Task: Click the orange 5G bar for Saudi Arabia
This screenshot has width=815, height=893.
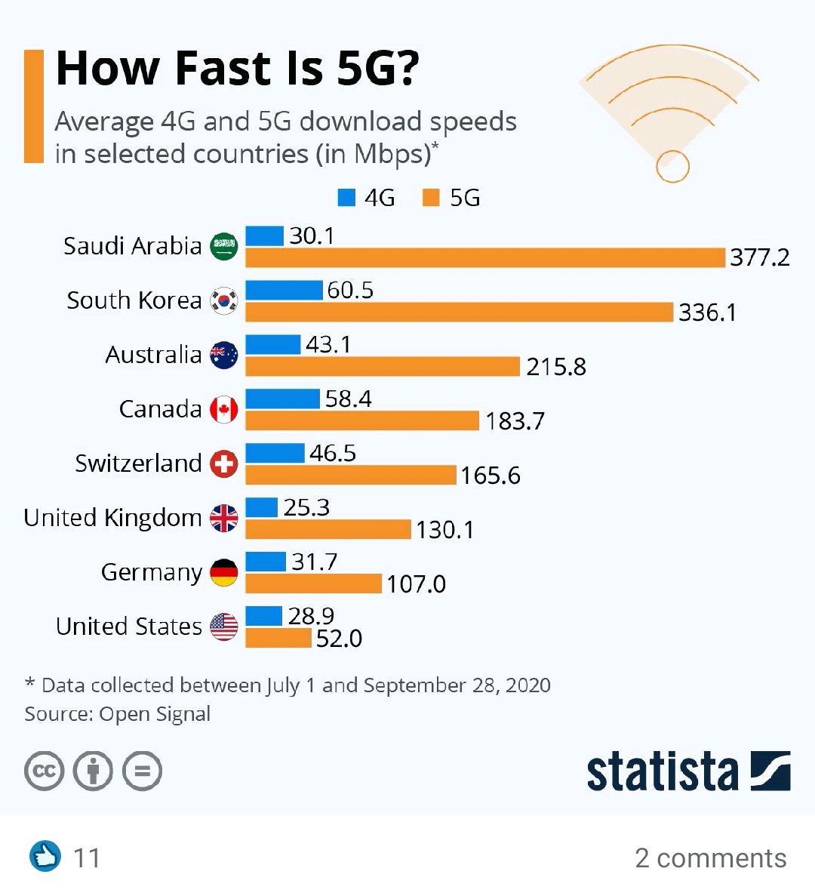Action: coord(485,258)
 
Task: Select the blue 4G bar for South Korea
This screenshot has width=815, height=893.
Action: coord(284,290)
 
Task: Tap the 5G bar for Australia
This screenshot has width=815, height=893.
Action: coord(383,367)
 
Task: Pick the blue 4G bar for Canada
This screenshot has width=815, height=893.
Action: coord(282,399)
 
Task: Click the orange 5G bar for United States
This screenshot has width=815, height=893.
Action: coord(278,639)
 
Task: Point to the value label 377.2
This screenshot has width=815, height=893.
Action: coord(759,258)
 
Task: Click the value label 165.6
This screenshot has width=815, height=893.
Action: coord(491,476)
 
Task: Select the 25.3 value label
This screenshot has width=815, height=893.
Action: coord(306,507)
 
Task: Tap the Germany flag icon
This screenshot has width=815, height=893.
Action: coord(223,572)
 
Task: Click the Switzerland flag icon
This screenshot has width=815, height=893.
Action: coord(223,463)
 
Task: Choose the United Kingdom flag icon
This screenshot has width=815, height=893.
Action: coord(223,518)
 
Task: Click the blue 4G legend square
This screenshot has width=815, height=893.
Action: coord(346,198)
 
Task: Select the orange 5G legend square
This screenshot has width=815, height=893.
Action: coord(431,198)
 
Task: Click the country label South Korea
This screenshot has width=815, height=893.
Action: coord(134,300)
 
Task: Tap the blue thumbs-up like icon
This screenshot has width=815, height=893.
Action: coord(45,857)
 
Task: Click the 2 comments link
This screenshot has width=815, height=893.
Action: coord(710,858)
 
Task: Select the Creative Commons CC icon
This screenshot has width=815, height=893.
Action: coord(44,771)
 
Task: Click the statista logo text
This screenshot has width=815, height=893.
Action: coord(662,771)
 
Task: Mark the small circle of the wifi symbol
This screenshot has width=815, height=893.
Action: coord(672,166)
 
